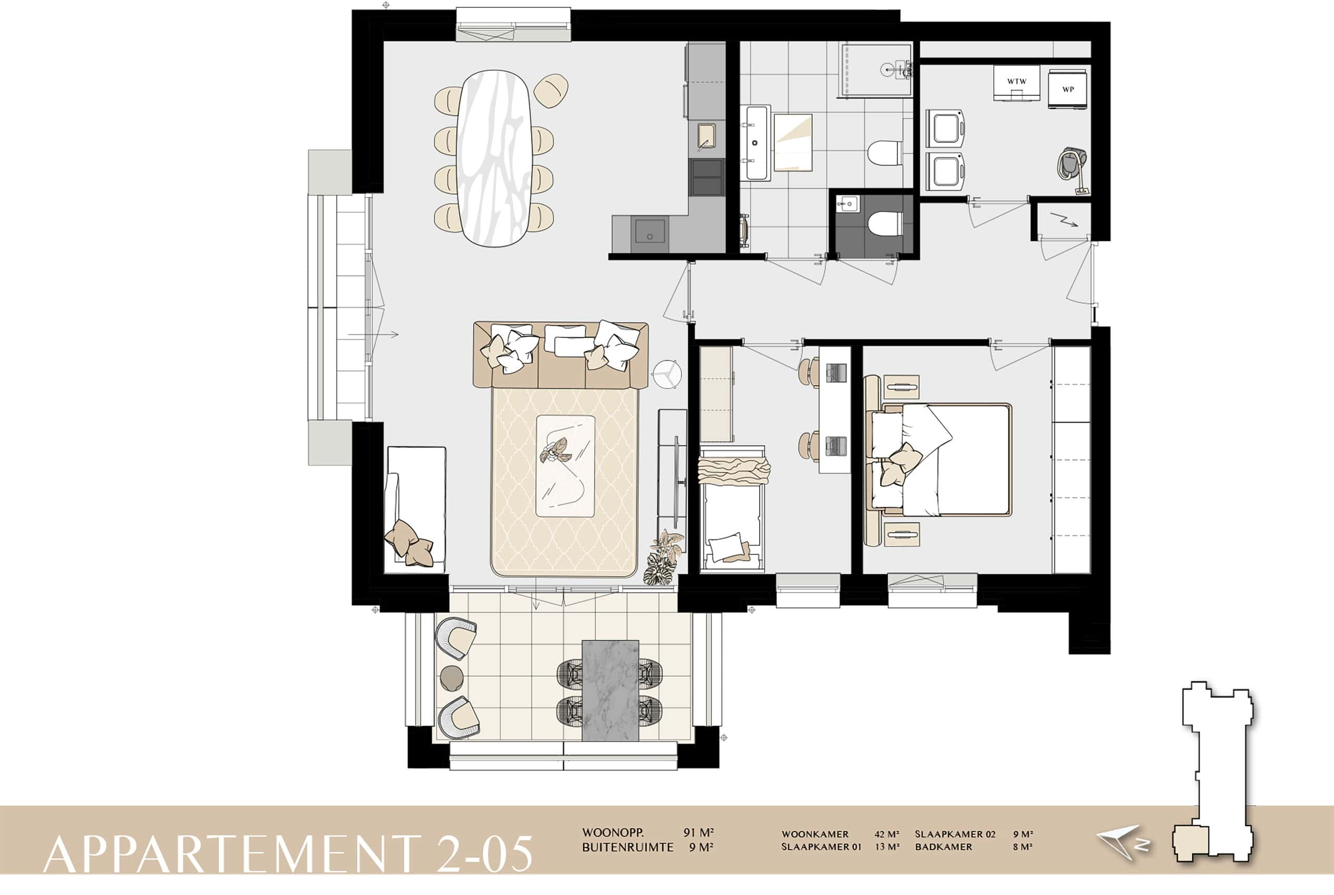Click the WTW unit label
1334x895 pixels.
pyautogui.click(x=1016, y=82)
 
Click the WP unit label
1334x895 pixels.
pyautogui.click(x=1068, y=90)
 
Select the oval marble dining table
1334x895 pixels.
pyautogui.click(x=494, y=158)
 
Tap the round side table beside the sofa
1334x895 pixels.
pyautogui.click(x=667, y=374)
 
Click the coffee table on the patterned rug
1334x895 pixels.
pyautogui.click(x=565, y=467)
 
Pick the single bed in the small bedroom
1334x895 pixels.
pyautogui.click(x=732, y=508)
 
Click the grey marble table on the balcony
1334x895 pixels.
pyautogui.click(x=610, y=691)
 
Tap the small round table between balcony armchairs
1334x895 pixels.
pyautogui.click(x=451, y=678)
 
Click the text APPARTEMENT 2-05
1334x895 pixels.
pyautogui.click(x=288, y=854)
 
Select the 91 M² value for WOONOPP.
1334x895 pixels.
pyautogui.click(x=699, y=833)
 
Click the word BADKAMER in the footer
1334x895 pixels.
pyautogui.click(x=943, y=847)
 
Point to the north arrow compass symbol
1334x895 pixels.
pyautogui.click(x=1121, y=842)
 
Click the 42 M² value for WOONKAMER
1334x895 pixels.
pyautogui.click(x=887, y=835)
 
